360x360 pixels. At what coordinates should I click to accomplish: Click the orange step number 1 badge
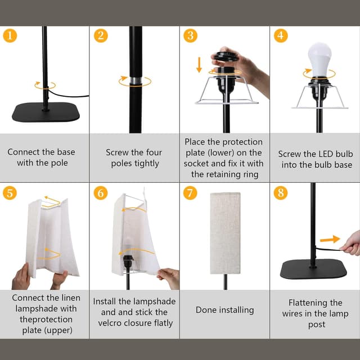coord(10,36)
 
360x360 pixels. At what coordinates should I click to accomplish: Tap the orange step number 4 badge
coord(280,36)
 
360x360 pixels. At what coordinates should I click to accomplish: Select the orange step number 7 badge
coord(190,193)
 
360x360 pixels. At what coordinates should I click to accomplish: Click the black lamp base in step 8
coord(313,269)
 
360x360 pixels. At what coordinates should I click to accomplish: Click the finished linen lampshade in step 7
coord(225,232)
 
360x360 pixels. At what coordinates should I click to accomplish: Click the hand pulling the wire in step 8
coord(351,243)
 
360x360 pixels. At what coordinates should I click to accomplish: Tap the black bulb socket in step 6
coord(128,262)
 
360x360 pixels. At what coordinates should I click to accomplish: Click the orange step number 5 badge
coord(10,193)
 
